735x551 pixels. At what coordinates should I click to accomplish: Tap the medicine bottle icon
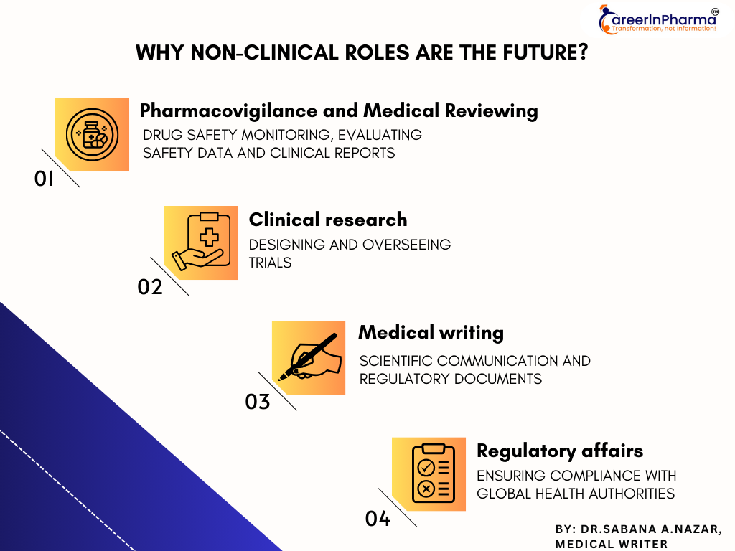[x=93, y=135]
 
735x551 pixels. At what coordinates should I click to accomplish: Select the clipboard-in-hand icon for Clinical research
[x=201, y=242]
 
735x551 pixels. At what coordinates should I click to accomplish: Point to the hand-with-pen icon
[x=309, y=357]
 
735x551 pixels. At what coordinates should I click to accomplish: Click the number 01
[x=44, y=179]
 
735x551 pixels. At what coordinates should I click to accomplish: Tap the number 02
[x=150, y=287]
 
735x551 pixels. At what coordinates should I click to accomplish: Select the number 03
[x=258, y=402]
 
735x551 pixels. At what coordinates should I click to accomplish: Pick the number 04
[x=378, y=519]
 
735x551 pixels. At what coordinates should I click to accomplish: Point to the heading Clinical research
[x=328, y=220]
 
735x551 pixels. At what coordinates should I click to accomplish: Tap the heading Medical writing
[x=431, y=333]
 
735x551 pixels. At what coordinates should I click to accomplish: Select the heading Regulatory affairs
[x=560, y=451]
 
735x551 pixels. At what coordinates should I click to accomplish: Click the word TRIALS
[x=270, y=263]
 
